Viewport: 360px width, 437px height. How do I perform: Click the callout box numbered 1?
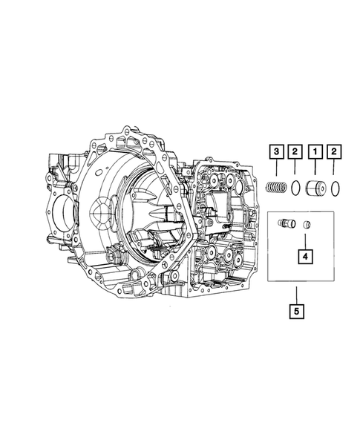(x=316, y=153)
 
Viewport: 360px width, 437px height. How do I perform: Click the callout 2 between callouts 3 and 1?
(x=296, y=153)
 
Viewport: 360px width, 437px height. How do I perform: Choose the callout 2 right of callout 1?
(x=336, y=153)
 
